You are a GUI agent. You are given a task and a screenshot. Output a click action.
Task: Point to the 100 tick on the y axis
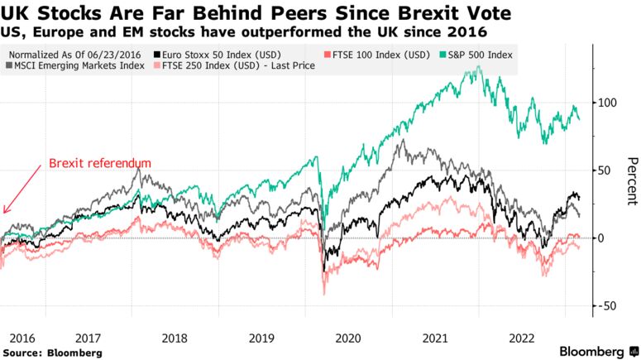pos(607,103)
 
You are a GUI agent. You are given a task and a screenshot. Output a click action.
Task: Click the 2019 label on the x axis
pos(262,338)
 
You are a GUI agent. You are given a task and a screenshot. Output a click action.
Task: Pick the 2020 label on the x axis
pos(348,338)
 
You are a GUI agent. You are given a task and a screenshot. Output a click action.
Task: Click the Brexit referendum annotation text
pos(100,163)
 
